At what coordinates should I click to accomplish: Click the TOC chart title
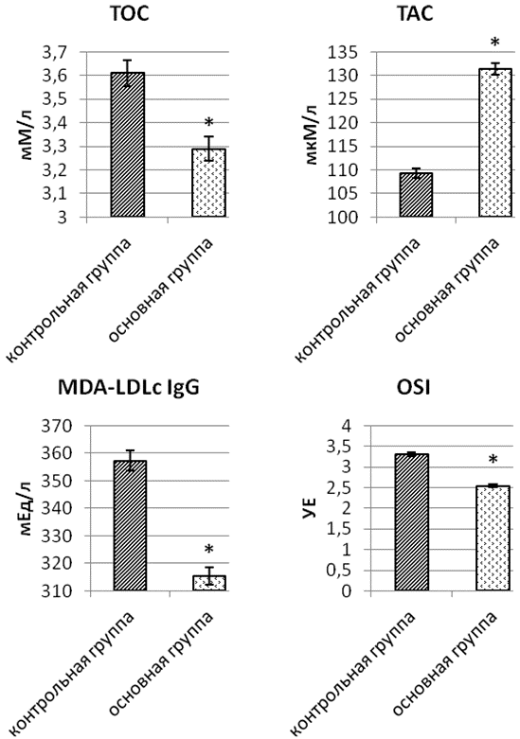[130, 14]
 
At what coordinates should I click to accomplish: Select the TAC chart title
[414, 14]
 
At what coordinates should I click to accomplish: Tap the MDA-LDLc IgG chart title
[129, 387]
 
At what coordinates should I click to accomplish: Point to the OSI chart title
[414, 387]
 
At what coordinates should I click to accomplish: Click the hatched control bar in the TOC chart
[128, 145]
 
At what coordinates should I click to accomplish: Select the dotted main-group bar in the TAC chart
[495, 143]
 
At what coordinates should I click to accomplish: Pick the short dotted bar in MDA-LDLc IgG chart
[209, 583]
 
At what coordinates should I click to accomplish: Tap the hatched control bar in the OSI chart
[411, 522]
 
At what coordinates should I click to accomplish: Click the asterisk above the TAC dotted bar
[495, 43]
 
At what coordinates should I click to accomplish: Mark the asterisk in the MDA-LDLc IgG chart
[209, 549]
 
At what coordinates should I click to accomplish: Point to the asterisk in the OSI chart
[493, 460]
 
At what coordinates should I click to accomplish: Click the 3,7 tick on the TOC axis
[56, 52]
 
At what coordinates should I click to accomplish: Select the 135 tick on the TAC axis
[344, 52]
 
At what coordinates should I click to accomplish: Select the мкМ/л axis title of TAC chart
[312, 133]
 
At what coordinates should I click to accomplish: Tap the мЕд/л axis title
[27, 508]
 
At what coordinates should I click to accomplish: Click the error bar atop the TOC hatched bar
[128, 73]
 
